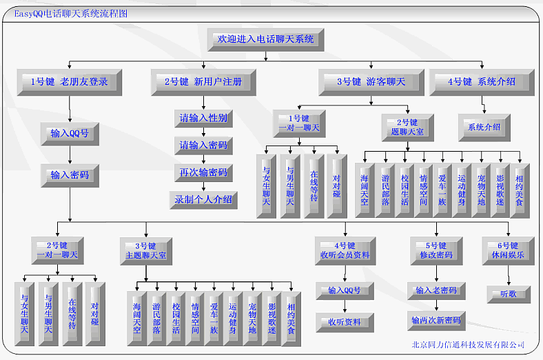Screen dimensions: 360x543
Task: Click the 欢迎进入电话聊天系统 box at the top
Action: pos(266,39)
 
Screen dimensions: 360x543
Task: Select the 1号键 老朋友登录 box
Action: pos(70,81)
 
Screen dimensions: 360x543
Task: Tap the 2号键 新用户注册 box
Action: pos(203,81)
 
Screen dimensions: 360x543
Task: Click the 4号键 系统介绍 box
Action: pos(482,81)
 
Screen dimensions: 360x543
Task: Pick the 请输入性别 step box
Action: pos(203,118)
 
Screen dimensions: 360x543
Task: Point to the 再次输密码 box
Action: pos(203,172)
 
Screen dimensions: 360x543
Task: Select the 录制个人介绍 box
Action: pos(203,200)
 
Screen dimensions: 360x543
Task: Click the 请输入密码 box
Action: pos(203,146)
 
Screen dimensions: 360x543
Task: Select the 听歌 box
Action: pos(508,294)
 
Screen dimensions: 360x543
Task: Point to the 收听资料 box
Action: pos(345,321)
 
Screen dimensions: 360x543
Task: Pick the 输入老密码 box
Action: pos(436,291)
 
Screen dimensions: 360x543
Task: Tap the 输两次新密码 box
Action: pos(436,321)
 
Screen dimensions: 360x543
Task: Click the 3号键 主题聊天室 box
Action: pos(145,250)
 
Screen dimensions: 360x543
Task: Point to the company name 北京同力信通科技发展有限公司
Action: pos(468,345)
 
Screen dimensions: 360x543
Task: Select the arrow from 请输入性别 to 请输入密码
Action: pos(203,132)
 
